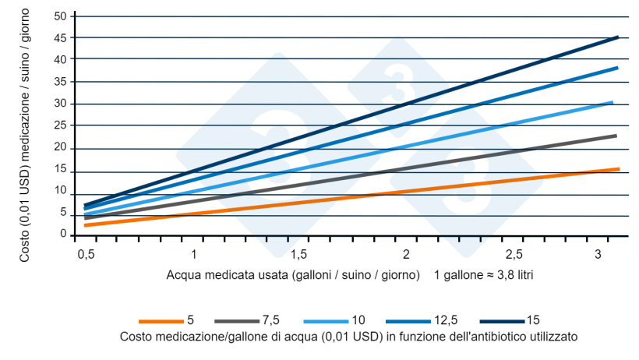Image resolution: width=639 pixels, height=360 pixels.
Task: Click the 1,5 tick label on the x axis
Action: click(298, 255)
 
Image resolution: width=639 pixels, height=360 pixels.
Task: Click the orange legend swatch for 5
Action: click(161, 321)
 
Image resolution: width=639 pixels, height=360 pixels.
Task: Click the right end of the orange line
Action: click(618, 169)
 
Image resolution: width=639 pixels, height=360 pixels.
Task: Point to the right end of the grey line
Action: click(616, 136)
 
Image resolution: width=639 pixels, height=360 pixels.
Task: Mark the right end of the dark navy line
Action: click(617, 37)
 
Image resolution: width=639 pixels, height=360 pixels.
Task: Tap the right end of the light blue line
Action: click(613, 102)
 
